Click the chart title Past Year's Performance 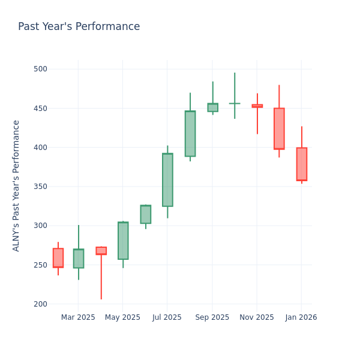pyautogui.click(x=79, y=27)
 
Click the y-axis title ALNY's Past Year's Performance pyautogui.click(x=16, y=185)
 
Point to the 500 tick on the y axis pyautogui.click(x=40, y=69)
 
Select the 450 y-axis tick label pyautogui.click(x=40, y=109)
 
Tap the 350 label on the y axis pyautogui.click(x=40, y=187)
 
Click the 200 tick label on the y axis pyautogui.click(x=40, y=304)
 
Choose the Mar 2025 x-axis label pyautogui.click(x=78, y=317)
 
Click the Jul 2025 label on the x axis pyautogui.click(x=167, y=317)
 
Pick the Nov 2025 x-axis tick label pyautogui.click(x=257, y=317)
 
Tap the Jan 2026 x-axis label pyautogui.click(x=301, y=317)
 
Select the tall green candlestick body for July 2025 pyautogui.click(x=167, y=180)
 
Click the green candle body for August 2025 pyautogui.click(x=190, y=133)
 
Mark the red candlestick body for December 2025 pyautogui.click(x=279, y=128)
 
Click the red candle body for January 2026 pyautogui.click(x=301, y=164)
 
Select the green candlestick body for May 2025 pyautogui.click(x=123, y=241)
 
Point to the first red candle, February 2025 pyautogui.click(x=58, y=258)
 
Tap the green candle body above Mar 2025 pyautogui.click(x=79, y=259)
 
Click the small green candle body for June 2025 pyautogui.click(x=145, y=214)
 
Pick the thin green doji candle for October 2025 pyautogui.click(x=235, y=103)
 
